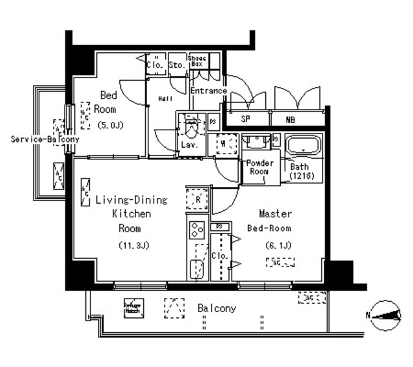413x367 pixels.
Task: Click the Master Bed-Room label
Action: (276, 221)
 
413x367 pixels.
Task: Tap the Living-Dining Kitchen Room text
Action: (131, 214)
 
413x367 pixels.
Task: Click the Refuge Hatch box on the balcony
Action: (132, 308)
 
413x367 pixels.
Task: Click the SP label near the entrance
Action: (246, 119)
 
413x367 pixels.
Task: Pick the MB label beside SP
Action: (292, 119)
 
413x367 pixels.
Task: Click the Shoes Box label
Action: (197, 62)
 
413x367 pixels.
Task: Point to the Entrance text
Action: (208, 91)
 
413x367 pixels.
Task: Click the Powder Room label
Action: (259, 167)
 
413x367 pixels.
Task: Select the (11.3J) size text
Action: (134, 245)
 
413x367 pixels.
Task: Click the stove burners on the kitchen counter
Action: (197, 228)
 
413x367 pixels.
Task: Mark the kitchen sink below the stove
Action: (196, 268)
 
